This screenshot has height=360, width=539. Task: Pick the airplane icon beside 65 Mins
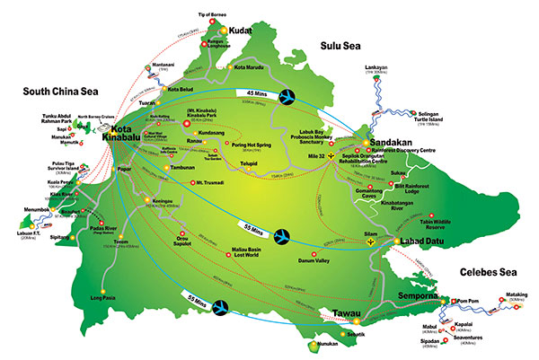coord(220,308)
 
